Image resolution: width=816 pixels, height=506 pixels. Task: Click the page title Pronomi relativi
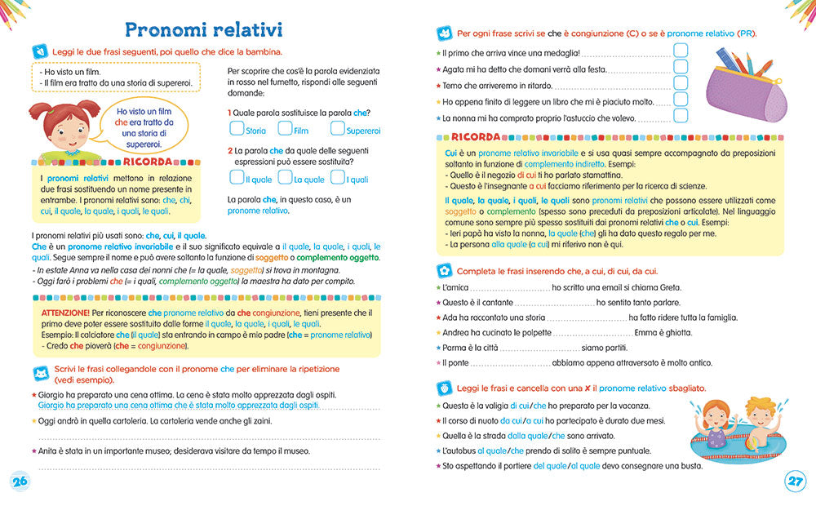coord(203,30)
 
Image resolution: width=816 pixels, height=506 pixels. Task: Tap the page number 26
coord(20,482)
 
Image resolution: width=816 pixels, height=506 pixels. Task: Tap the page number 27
coord(795,482)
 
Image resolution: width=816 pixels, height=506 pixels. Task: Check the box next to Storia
coord(237,128)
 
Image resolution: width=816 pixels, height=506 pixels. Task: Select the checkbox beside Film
coord(285,128)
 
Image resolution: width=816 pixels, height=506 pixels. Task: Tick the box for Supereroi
coord(337,128)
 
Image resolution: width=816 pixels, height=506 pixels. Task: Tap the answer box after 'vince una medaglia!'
coord(681,50)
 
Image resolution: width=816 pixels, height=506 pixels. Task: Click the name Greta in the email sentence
coord(667,287)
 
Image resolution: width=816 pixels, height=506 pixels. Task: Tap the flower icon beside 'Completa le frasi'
coord(445,271)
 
